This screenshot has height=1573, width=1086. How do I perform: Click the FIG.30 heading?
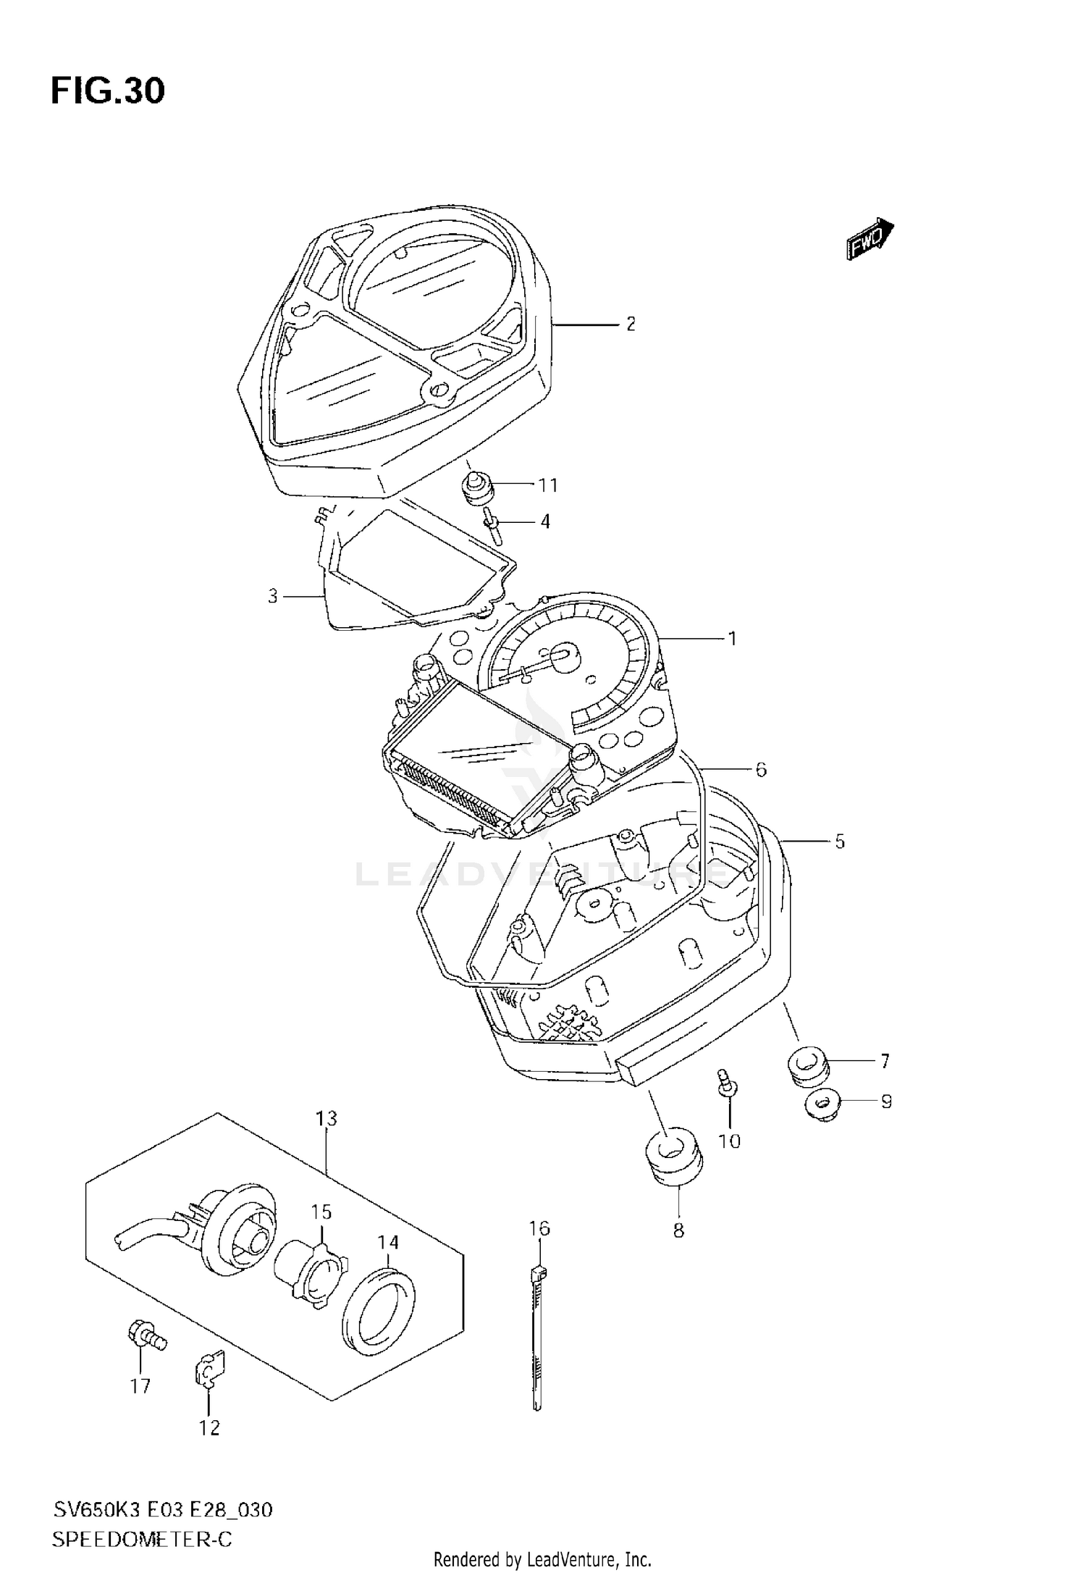[x=108, y=91]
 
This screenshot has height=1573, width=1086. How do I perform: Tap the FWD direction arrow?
[x=870, y=238]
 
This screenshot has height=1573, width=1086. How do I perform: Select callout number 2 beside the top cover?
[x=631, y=324]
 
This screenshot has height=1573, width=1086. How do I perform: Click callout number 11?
[x=548, y=485]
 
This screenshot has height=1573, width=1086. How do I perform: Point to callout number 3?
[x=273, y=596]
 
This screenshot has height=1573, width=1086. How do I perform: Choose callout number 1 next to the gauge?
[x=732, y=638]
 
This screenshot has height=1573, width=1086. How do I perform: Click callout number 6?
[x=761, y=769]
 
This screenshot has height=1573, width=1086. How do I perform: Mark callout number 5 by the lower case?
[x=840, y=842]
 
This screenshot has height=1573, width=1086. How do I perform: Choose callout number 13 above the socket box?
[x=327, y=1118]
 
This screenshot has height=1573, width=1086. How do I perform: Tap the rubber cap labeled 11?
[x=478, y=488]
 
